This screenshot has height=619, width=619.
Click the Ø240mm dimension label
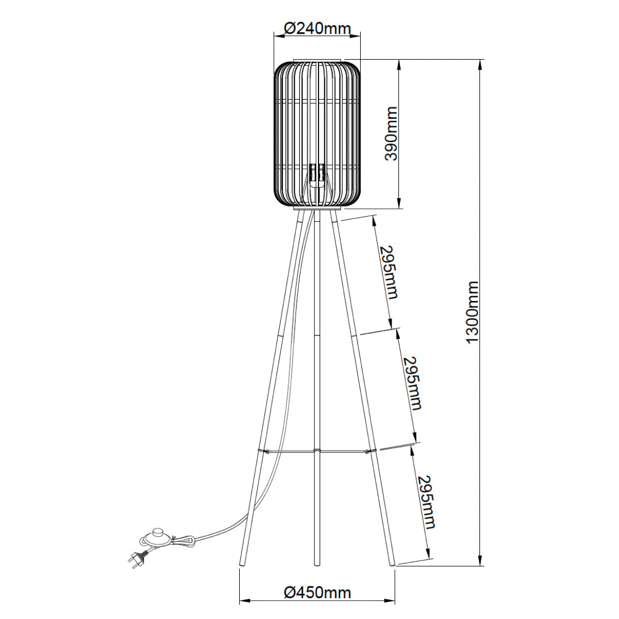click(x=317, y=28)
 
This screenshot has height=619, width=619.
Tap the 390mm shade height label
click(x=390, y=133)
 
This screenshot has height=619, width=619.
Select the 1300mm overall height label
click(x=471, y=312)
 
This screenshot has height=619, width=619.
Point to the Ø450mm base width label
click(x=317, y=592)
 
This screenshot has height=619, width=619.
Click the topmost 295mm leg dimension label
click(x=388, y=272)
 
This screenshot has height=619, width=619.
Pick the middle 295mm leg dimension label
click(x=412, y=383)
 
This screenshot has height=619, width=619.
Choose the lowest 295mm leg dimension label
click(x=426, y=503)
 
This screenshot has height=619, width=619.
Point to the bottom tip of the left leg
click(x=242, y=563)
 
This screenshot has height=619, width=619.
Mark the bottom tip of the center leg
click(x=317, y=562)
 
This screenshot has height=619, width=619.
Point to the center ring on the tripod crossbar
click(x=317, y=451)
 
